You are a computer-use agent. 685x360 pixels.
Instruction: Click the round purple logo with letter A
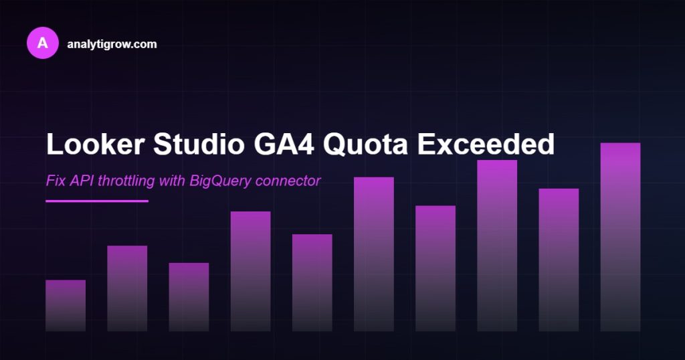[x=43, y=43]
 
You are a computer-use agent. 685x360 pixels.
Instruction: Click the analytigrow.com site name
[x=112, y=44]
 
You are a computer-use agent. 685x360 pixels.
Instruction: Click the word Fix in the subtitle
[x=55, y=181]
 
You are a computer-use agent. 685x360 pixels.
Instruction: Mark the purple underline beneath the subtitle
[x=97, y=200]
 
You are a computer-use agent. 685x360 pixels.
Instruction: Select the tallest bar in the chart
[x=620, y=237]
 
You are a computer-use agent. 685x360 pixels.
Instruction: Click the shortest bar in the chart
[x=66, y=305]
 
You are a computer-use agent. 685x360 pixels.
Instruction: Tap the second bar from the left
[x=127, y=288]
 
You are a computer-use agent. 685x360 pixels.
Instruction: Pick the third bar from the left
[x=189, y=296]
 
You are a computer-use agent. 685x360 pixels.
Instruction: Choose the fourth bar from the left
[x=250, y=271]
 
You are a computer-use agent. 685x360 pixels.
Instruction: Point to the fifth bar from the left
[x=312, y=282]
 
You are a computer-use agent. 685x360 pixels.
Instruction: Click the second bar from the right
[x=559, y=260]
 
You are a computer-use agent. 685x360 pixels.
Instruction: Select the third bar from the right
[x=497, y=246]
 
